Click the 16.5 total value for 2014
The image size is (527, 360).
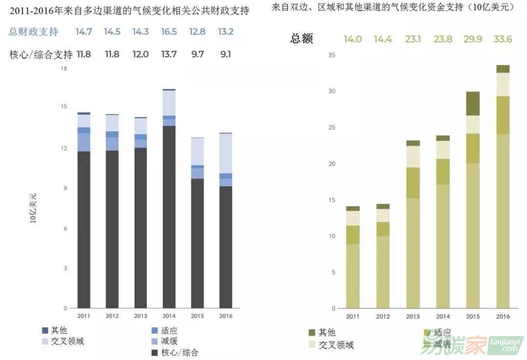(169, 32)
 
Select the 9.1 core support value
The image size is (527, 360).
(226, 54)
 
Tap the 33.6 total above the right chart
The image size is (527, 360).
(503, 39)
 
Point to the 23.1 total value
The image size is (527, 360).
(413, 39)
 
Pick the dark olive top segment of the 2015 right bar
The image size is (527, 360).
(473, 103)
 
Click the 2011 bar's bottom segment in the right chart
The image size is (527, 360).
(353, 276)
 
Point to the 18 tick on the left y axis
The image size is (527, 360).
(63, 69)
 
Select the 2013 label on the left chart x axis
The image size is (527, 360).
(141, 316)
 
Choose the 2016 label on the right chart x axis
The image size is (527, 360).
(503, 317)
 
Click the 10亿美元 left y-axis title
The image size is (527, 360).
(33, 208)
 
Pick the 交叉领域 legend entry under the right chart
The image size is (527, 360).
(336, 345)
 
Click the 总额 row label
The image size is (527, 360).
(302, 39)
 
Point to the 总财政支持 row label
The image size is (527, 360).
(34, 32)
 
